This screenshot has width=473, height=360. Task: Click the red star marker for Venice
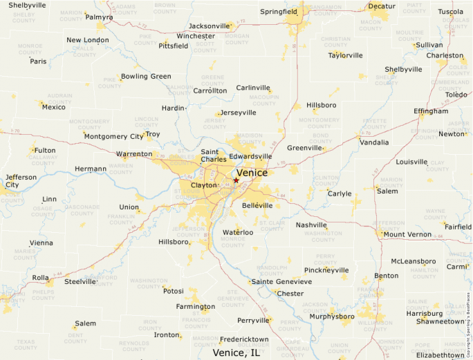click(x=236, y=180)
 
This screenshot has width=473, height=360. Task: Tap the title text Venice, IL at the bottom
click(x=236, y=352)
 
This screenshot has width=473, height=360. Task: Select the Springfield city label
click(x=279, y=12)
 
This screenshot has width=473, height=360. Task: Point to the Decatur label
click(x=382, y=6)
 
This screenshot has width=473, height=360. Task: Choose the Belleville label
click(x=257, y=206)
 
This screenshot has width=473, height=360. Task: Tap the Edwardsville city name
click(x=250, y=156)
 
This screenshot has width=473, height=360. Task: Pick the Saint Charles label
click(x=214, y=155)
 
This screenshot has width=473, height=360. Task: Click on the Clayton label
click(x=204, y=185)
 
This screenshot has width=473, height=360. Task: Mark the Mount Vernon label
click(x=407, y=234)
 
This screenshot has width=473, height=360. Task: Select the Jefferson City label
click(x=21, y=181)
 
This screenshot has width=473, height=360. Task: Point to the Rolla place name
click(x=40, y=278)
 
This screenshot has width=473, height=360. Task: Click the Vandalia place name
click(x=374, y=142)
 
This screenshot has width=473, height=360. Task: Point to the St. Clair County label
click(x=272, y=225)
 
